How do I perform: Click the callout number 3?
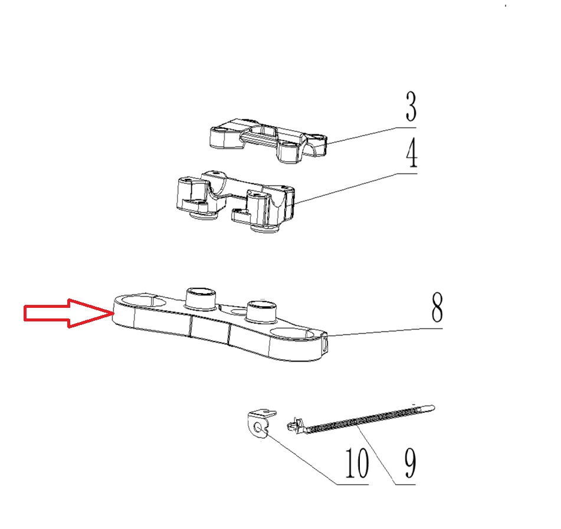tap(411, 106)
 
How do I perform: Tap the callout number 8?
tap(437, 307)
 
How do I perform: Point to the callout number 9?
tap(410, 464)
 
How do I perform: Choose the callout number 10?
tap(357, 463)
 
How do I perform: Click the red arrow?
tap(68, 313)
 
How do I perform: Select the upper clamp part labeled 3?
tap(268, 140)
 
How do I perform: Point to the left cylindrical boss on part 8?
tap(201, 298)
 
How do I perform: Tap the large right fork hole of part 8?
tap(293, 334)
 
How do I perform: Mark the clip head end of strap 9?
tap(295, 424)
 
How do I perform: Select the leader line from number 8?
tap(385, 331)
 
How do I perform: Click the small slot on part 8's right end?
tap(325, 345)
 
